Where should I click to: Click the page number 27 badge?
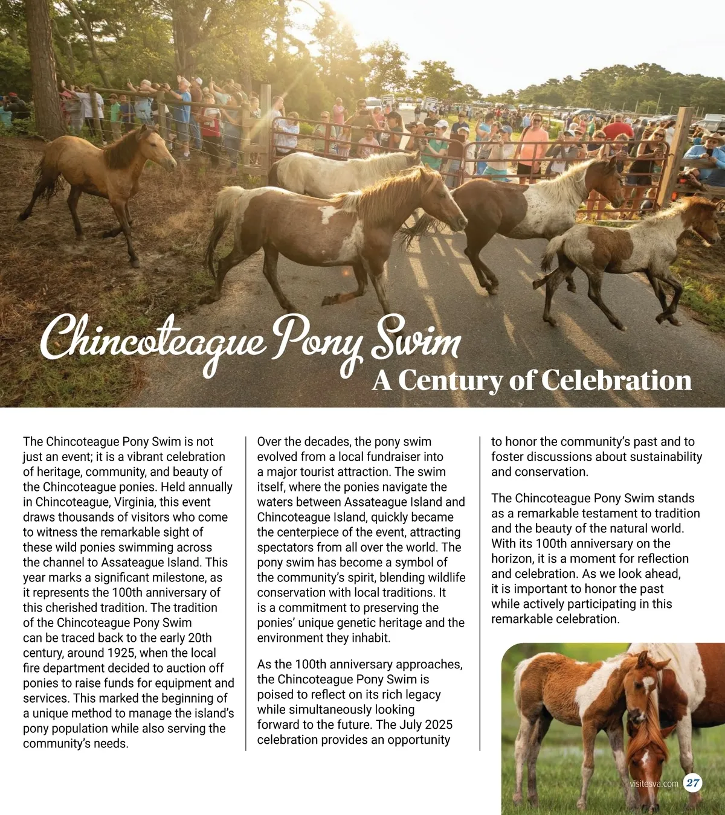[693, 784]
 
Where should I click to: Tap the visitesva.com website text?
[654, 784]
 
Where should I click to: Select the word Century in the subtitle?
[448, 380]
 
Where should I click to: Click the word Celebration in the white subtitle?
[616, 380]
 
